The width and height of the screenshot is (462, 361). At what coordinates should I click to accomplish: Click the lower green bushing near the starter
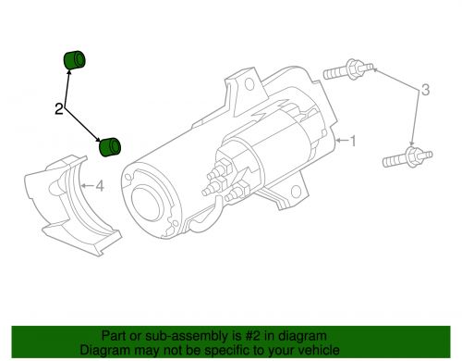pos(112,145)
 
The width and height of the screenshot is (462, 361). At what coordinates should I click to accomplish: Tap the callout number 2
pos(58,110)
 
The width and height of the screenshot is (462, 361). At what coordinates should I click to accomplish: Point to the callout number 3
pos(425,90)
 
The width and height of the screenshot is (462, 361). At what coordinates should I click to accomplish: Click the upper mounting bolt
pos(348,70)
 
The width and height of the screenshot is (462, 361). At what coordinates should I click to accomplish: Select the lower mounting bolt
pos(405,156)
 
